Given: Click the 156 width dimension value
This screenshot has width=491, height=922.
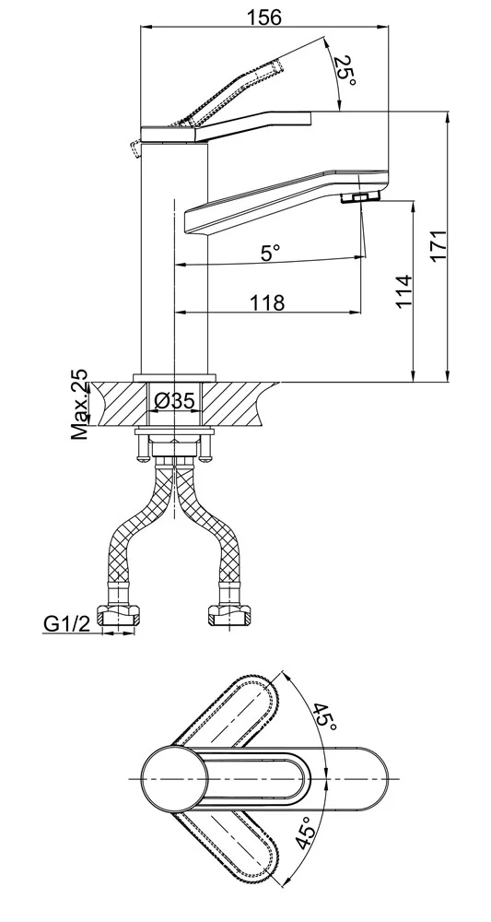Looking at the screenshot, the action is (263, 17).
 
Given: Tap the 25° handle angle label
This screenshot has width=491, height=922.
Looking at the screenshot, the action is (345, 71).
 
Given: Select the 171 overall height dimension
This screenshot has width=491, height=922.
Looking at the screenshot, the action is (440, 246).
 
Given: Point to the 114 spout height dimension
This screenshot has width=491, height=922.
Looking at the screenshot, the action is (403, 291).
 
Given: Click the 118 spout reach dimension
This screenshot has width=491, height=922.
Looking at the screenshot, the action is (267, 302).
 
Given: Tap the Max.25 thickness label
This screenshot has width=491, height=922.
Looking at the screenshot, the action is (80, 404).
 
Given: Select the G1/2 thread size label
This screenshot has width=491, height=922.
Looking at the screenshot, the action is (67, 623).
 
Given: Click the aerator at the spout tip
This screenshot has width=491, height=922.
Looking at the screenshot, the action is (360, 197).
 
